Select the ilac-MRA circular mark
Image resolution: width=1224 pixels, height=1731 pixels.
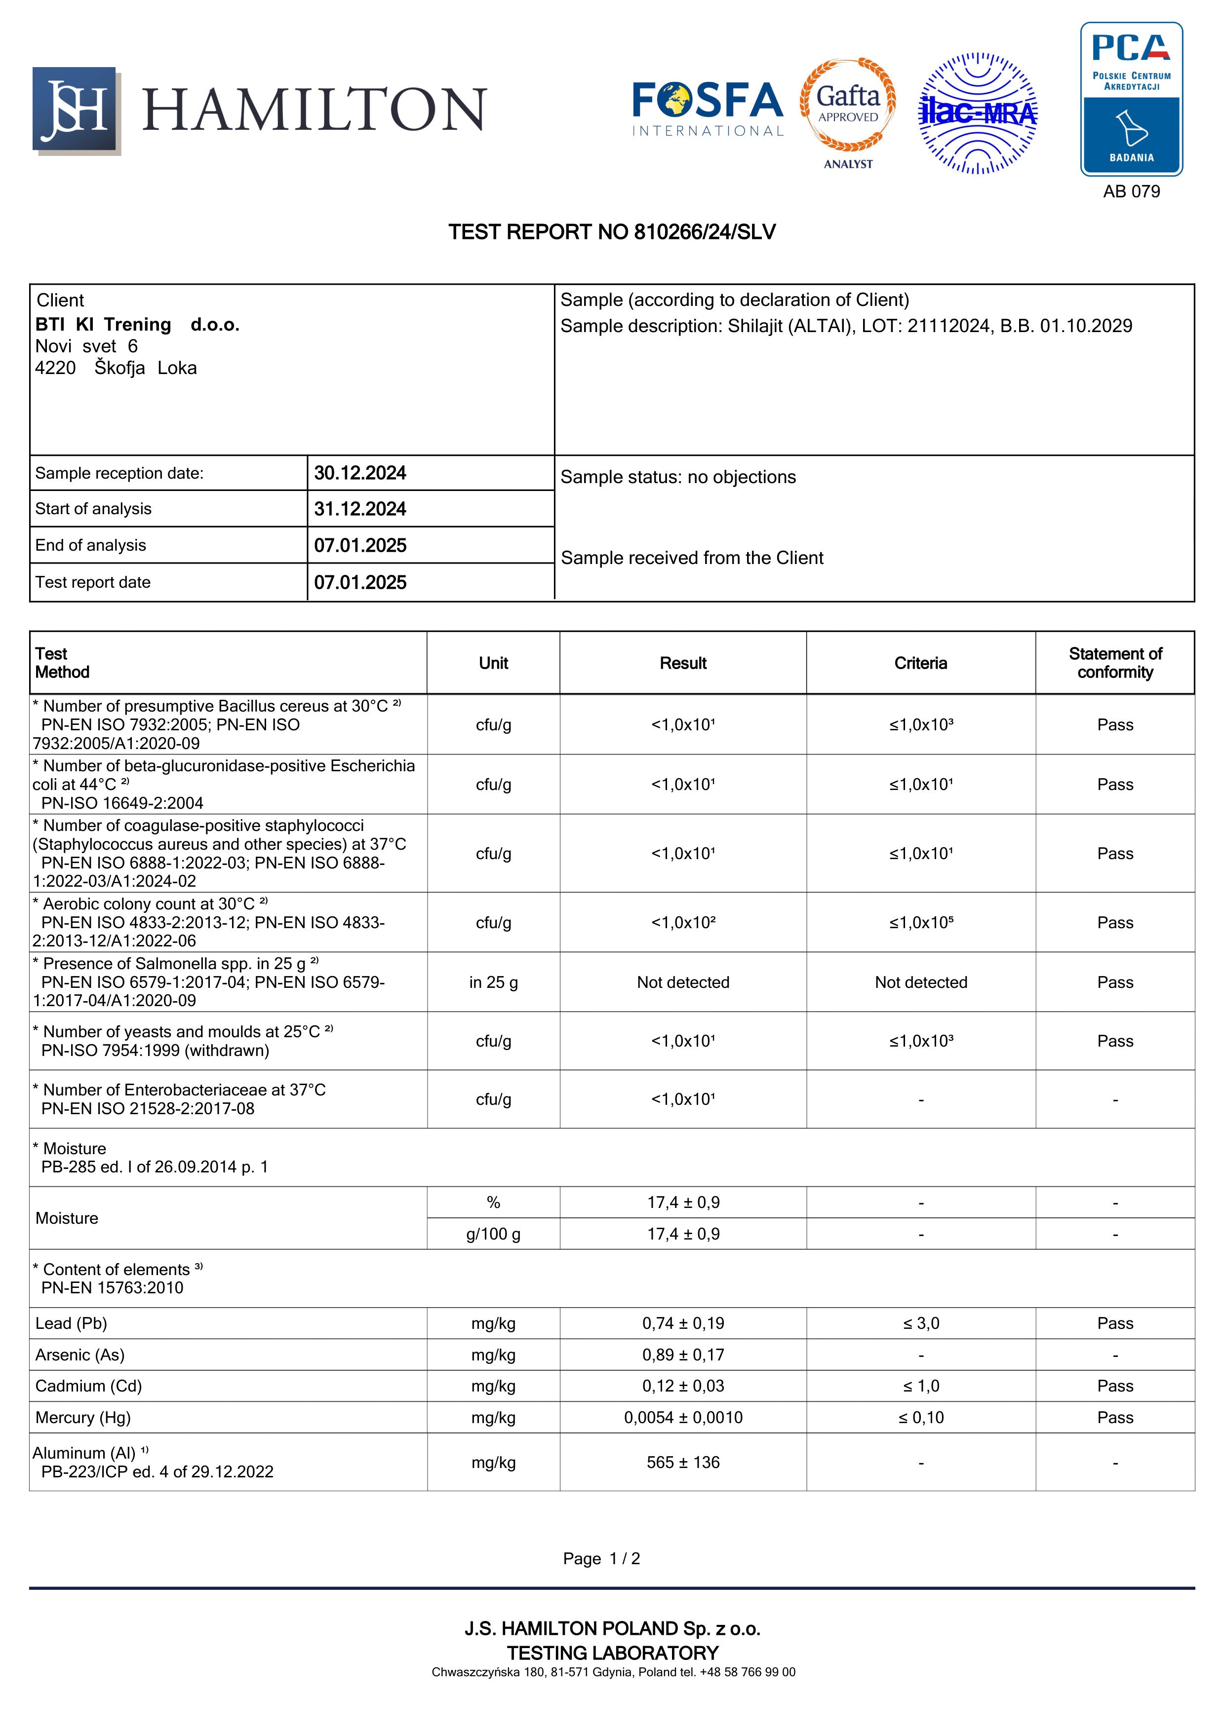(x=978, y=113)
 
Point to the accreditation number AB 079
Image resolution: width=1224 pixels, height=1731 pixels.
(x=1131, y=191)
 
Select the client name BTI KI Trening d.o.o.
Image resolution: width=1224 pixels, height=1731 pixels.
(x=137, y=325)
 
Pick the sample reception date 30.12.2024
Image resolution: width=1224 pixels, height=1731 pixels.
(x=360, y=474)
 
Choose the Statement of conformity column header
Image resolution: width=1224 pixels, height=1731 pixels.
(x=1115, y=664)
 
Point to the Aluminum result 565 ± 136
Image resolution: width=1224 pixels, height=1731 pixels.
(x=683, y=1463)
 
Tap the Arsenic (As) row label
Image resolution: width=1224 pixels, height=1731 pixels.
(x=80, y=1355)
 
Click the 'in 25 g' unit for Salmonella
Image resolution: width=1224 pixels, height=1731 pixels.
(x=493, y=982)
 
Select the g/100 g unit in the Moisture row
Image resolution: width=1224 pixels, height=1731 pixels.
(x=493, y=1234)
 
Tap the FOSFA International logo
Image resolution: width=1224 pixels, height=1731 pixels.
(x=708, y=110)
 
